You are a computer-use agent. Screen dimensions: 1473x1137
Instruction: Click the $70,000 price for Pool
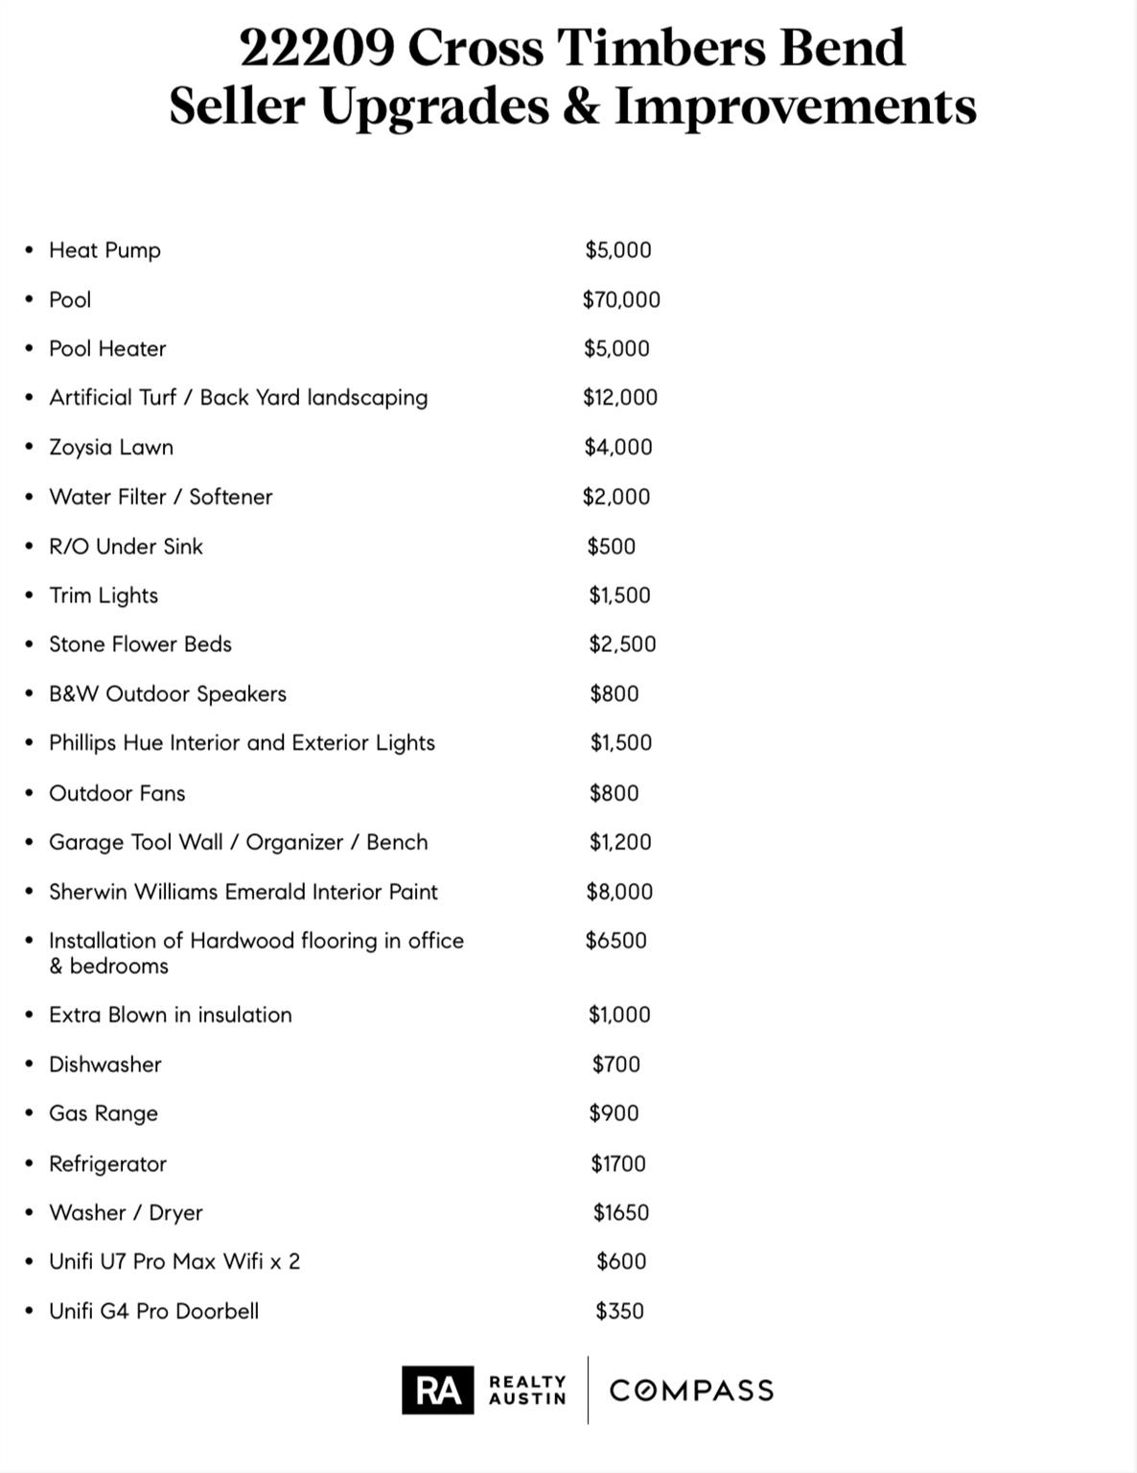(621, 300)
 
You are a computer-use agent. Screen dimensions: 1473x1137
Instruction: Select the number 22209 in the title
(315, 47)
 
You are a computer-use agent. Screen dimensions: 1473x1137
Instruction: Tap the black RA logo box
(437, 1390)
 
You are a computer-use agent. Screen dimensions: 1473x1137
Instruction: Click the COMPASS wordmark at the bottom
(691, 1391)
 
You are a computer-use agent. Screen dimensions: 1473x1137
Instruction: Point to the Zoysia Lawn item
(111, 448)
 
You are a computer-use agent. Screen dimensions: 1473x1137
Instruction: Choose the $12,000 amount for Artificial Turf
(620, 398)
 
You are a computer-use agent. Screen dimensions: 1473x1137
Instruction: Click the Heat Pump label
(104, 250)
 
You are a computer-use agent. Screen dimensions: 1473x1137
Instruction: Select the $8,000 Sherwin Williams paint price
(619, 892)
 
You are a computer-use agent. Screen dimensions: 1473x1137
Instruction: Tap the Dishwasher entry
(105, 1064)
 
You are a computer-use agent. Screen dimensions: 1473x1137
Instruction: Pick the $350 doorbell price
(619, 1311)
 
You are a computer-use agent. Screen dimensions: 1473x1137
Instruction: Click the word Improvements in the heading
(795, 105)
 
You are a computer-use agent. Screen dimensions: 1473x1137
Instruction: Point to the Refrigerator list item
(107, 1164)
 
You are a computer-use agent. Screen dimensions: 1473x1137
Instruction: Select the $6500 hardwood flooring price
(616, 941)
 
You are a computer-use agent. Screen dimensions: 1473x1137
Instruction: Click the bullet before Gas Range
(30, 1113)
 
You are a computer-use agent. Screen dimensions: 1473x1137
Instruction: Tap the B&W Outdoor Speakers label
(168, 694)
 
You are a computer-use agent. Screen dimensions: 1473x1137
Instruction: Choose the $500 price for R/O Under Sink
(612, 547)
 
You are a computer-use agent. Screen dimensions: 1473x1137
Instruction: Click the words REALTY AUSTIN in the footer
(527, 1390)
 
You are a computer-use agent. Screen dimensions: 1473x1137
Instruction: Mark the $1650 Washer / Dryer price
(621, 1213)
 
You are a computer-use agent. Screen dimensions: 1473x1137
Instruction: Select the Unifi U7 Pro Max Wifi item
(174, 1262)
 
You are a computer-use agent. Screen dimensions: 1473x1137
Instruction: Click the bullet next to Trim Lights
(30, 596)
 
